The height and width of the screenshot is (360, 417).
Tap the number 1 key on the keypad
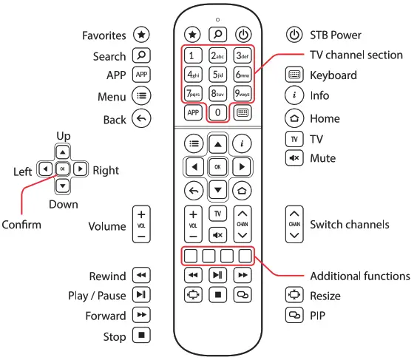point(192,55)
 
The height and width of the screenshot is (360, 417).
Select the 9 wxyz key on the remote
point(243,94)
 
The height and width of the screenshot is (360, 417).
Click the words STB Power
point(336,34)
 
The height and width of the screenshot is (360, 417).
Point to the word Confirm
point(22,224)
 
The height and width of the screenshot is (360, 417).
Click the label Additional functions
point(359,276)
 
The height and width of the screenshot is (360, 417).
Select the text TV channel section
point(356,55)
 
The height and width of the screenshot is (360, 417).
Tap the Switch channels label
point(350,225)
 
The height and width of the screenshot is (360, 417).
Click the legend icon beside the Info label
point(294,95)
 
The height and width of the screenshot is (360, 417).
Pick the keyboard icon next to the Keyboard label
point(294,75)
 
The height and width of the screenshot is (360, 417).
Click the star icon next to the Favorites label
point(140,34)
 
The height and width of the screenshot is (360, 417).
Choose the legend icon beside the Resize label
point(294,296)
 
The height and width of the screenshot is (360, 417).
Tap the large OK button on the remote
point(217,167)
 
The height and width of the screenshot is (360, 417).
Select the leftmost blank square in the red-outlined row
point(191,257)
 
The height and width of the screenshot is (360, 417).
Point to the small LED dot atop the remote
point(217,19)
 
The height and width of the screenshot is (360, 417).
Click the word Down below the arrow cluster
point(63,203)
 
